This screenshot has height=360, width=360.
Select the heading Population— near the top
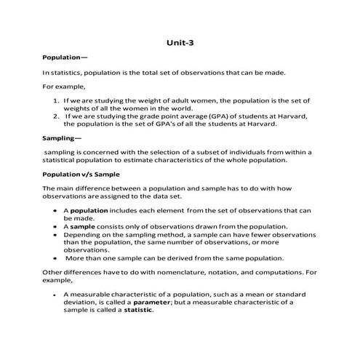coord(65,57)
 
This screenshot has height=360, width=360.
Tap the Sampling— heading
coord(63,137)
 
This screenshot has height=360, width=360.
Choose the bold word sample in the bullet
coord(83,225)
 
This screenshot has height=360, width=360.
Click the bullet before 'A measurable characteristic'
coord(55,295)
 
